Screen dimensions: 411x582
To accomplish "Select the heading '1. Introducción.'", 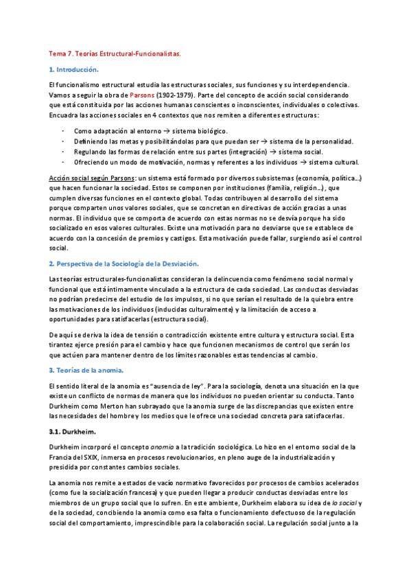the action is click(x=74, y=70).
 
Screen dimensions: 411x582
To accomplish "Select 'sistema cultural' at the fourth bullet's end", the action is click(x=334, y=162).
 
